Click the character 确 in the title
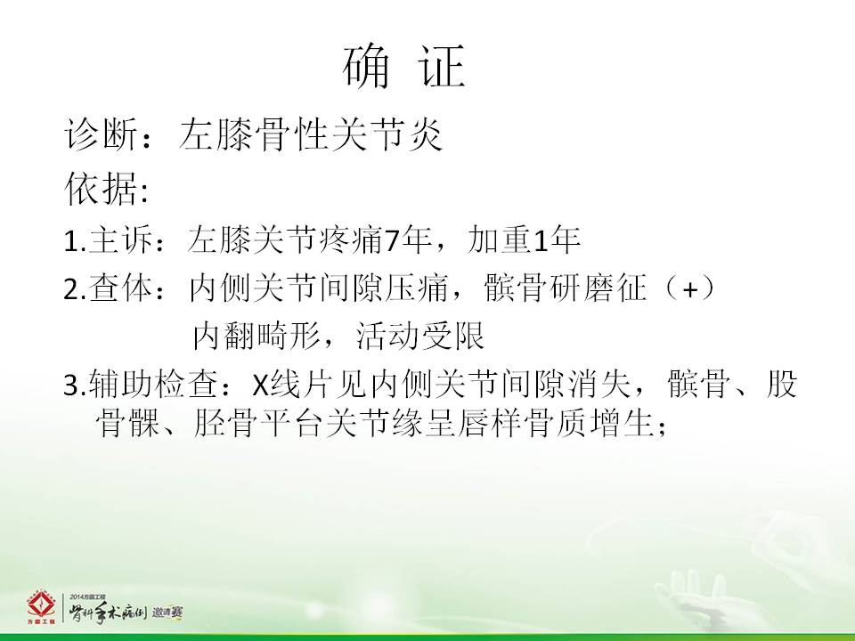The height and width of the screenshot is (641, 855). click(367, 67)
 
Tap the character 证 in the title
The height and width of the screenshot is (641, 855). click(443, 67)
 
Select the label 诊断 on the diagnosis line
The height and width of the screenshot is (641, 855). click(101, 134)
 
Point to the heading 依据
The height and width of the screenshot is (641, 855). click(101, 189)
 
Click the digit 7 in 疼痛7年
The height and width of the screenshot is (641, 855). click(392, 240)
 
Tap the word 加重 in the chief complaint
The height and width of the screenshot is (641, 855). click(498, 239)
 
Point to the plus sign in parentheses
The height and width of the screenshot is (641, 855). click(690, 289)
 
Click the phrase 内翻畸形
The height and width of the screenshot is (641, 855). click(256, 336)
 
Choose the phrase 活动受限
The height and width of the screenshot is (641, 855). click(419, 336)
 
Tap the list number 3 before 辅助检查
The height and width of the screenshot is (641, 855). click(71, 385)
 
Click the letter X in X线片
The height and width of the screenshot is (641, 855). click(261, 385)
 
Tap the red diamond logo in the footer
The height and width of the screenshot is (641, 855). click(42, 605)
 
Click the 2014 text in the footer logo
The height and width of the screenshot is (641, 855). click(77, 597)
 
